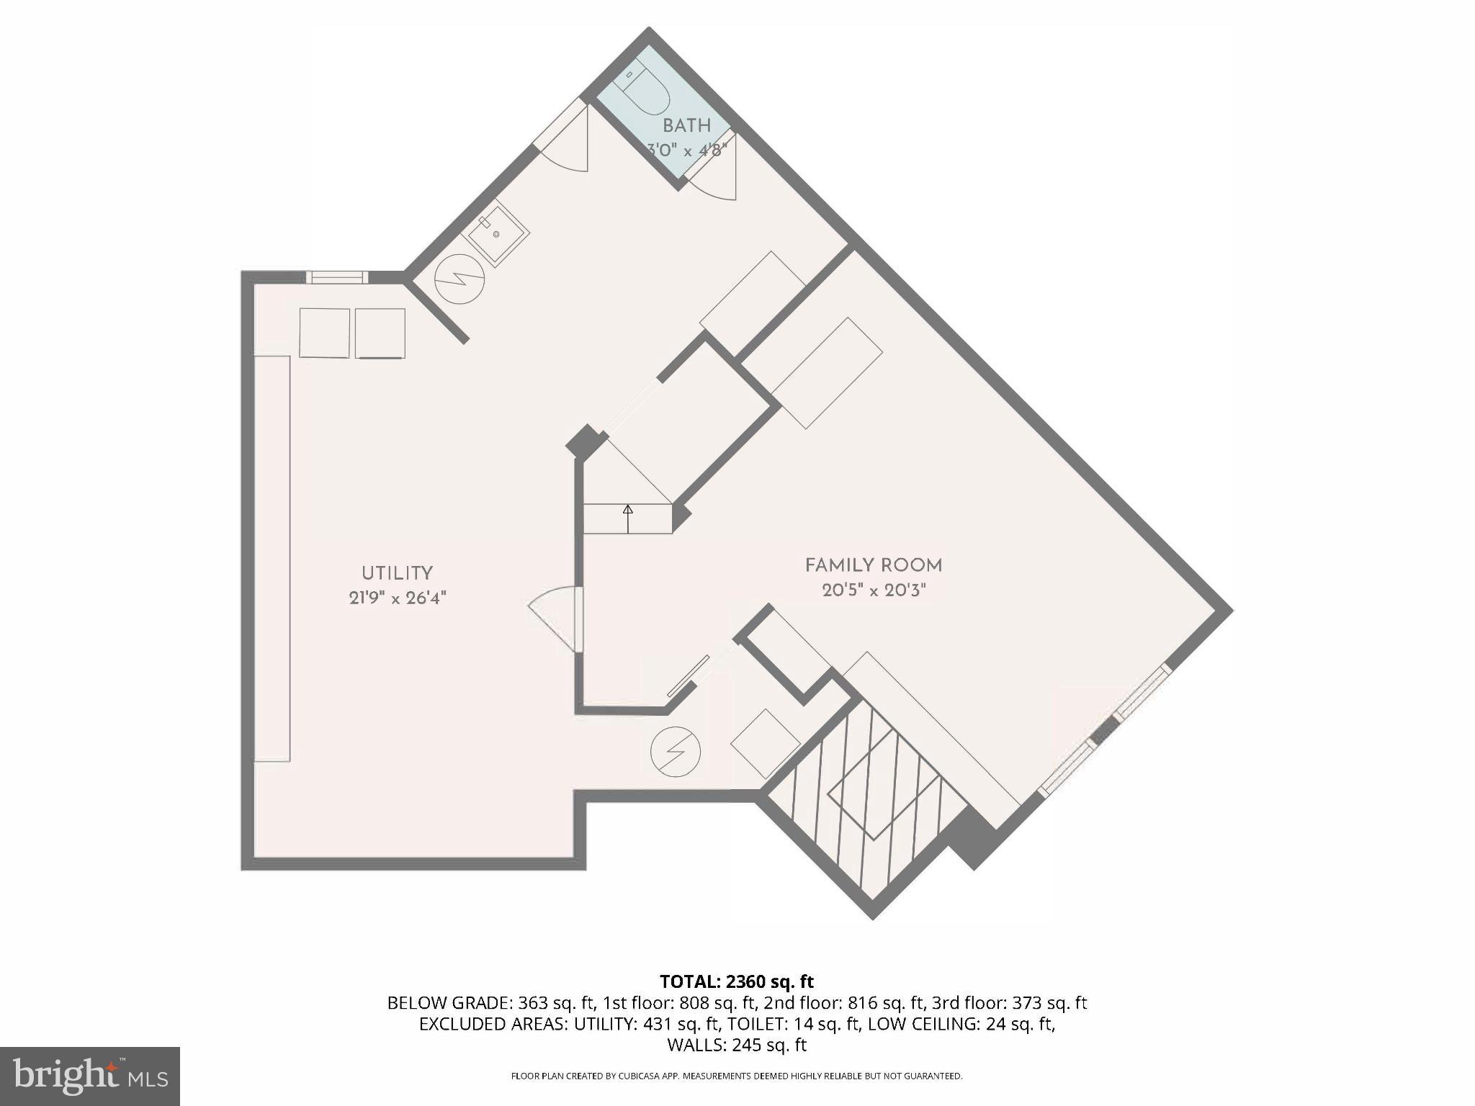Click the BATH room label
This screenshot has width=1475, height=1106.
tap(686, 125)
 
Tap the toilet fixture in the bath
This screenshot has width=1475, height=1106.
tap(645, 91)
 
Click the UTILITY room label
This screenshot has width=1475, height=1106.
tap(397, 573)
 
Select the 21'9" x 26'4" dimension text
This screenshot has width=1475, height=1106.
tap(398, 598)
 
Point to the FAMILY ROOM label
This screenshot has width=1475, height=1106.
tap(873, 565)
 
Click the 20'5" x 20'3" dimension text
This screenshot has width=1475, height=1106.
tap(873, 590)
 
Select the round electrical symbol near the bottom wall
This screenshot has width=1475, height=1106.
tap(675, 752)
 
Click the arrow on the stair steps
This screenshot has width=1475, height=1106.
tap(627, 513)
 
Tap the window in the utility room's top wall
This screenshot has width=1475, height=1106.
tap(336, 277)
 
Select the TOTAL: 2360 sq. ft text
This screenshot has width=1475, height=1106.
tap(736, 981)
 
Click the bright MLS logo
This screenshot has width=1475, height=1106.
tap(89, 1076)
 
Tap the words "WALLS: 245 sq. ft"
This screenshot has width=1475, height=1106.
tap(736, 1045)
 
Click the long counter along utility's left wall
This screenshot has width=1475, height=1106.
tap(272, 558)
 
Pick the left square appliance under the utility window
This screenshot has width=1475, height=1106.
tap(324, 333)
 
